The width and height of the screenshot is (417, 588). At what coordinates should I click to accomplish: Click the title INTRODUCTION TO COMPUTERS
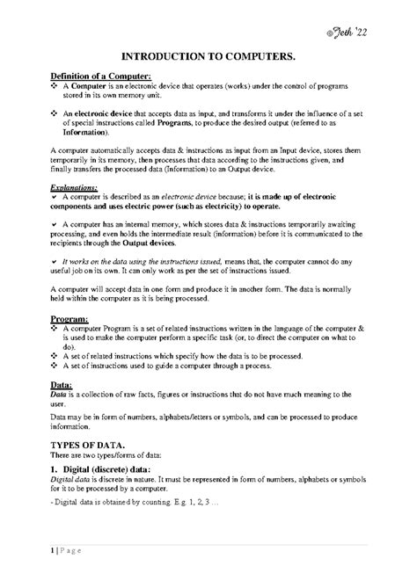(208, 54)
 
